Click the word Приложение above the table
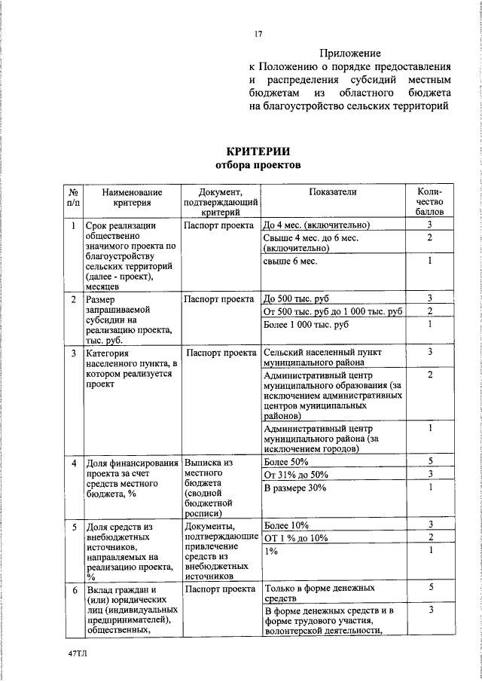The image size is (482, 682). [350, 54]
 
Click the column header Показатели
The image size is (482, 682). [332, 192]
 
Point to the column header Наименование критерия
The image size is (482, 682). [133, 197]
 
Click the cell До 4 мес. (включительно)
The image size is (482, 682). [316, 225]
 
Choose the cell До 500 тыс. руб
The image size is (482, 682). [297, 298]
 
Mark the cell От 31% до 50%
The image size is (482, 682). [295, 475]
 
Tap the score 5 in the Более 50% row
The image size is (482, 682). [429, 461]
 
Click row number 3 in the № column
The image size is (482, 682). [73, 353]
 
